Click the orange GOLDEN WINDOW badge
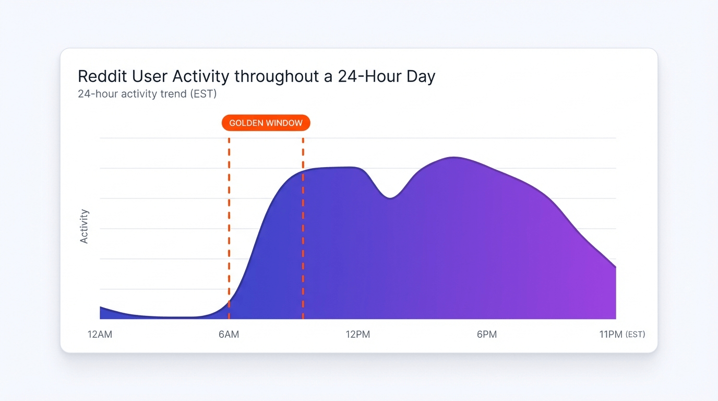(x=266, y=123)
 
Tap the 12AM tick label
(x=100, y=334)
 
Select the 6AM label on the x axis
(x=229, y=334)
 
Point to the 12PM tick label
(x=357, y=334)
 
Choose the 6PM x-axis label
(x=486, y=334)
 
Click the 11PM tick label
(x=611, y=334)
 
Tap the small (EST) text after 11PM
(x=635, y=334)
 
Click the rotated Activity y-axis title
(x=85, y=226)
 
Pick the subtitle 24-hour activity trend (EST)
(x=147, y=94)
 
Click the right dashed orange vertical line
(x=303, y=235)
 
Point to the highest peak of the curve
(x=454, y=157)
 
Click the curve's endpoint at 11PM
(x=616, y=267)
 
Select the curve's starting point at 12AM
(x=100, y=307)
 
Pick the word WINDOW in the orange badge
(x=284, y=123)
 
